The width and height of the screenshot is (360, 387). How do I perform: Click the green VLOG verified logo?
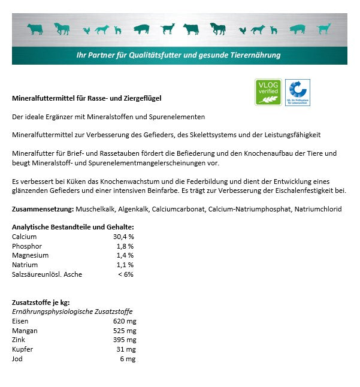point(268,92)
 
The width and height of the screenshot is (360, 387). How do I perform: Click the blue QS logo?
point(297,92)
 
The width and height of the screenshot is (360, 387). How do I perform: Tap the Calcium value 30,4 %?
point(123,237)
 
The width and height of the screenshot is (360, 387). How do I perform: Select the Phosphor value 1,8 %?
point(125,246)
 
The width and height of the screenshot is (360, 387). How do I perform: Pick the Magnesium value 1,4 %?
point(125,255)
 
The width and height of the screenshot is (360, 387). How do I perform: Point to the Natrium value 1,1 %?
point(125,265)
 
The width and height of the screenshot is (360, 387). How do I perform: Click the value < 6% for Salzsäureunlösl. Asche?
point(125,274)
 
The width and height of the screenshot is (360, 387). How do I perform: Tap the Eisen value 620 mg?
point(125,321)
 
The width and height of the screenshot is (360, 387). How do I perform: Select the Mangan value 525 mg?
point(125,331)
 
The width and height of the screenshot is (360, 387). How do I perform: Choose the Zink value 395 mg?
point(125,340)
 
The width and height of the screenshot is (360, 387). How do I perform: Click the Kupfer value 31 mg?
point(126,349)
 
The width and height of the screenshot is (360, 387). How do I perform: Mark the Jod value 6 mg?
point(128,359)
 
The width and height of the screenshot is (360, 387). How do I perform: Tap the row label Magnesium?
point(30,255)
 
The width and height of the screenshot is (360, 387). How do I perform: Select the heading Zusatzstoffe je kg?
point(41,303)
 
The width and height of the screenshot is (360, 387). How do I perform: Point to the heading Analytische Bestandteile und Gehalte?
point(72,227)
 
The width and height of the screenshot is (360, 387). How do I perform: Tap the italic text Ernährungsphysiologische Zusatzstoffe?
point(72,312)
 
